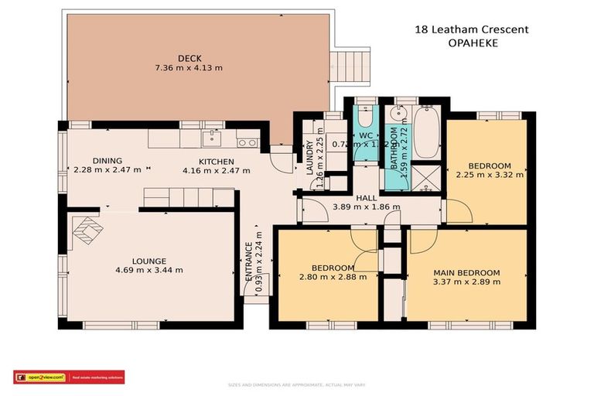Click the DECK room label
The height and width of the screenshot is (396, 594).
189,58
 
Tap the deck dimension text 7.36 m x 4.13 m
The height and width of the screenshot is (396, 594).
189,68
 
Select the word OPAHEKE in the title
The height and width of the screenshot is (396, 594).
473,43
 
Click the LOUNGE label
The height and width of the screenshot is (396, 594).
149,261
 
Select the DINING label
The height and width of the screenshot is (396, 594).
108,161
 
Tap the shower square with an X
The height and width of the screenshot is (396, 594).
424,179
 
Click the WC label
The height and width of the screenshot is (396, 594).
365,135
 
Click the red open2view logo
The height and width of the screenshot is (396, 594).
39,377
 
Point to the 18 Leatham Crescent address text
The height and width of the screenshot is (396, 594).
473,30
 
